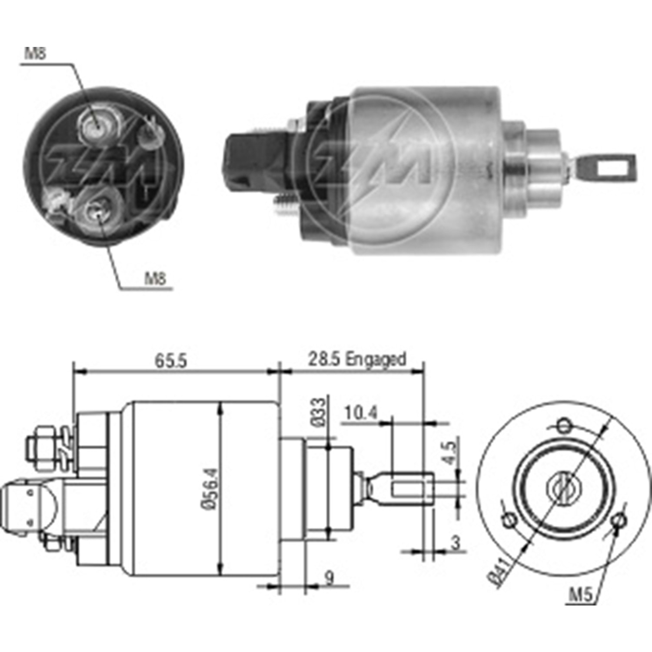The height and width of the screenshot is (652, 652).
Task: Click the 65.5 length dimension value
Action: (x=171, y=361)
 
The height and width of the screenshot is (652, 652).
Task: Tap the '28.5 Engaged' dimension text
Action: (x=357, y=360)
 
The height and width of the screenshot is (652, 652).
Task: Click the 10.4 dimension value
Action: (x=361, y=413)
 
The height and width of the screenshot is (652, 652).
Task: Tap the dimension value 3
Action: (x=455, y=543)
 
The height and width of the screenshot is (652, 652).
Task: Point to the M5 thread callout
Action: (x=581, y=595)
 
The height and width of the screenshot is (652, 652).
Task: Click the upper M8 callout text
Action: (x=35, y=53)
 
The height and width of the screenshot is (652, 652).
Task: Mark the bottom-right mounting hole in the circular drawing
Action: (x=618, y=520)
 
